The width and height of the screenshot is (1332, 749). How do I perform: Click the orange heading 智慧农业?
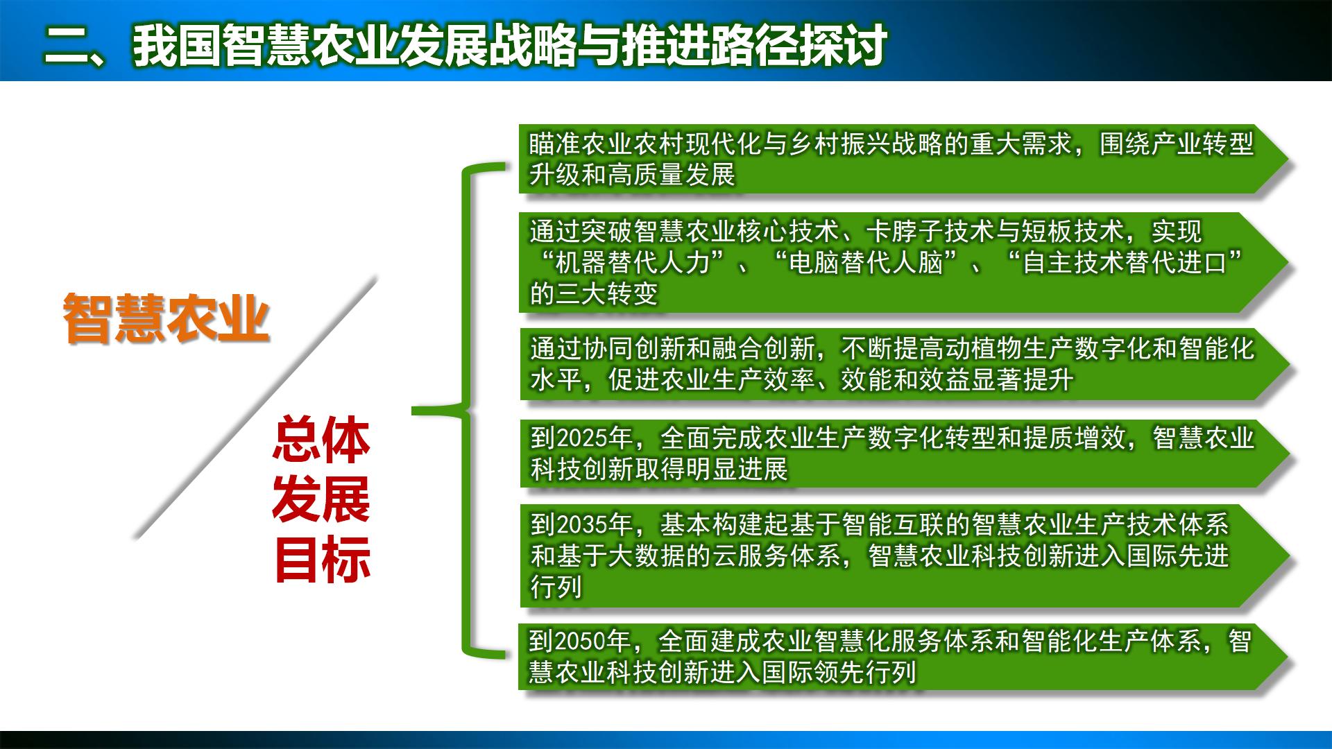[x=166, y=318]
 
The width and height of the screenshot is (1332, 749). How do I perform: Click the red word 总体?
[x=321, y=440]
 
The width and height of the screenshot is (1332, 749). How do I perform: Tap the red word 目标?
[x=321, y=560]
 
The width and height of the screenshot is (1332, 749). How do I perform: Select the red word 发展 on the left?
[x=321, y=500]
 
